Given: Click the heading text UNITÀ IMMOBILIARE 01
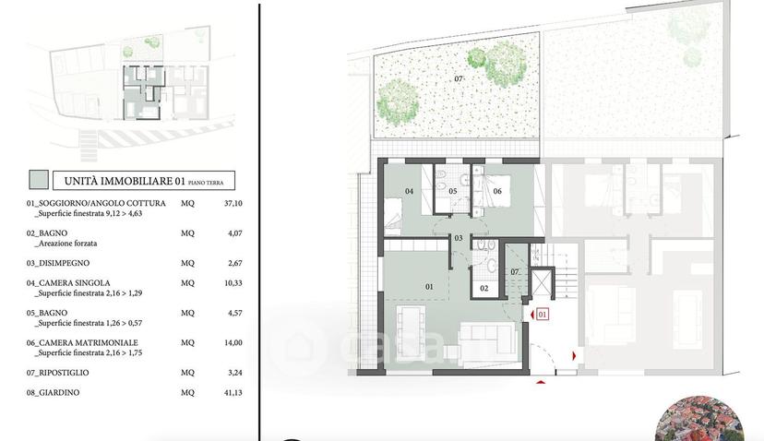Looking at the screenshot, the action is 125,181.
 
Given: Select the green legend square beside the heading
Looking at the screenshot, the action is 39,179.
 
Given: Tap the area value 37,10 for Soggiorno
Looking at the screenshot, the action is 233,203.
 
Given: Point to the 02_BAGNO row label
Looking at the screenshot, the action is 47,232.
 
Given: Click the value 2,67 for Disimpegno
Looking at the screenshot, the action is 235,263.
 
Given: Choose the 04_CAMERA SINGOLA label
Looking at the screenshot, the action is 68,283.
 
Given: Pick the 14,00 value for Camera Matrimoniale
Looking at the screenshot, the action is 233,342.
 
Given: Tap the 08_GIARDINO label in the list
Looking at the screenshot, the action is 53,392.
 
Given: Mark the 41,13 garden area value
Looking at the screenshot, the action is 233,392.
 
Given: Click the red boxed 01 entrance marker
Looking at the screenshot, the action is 543,315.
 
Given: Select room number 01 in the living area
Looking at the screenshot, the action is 429,287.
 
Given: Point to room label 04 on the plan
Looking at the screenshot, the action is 410,191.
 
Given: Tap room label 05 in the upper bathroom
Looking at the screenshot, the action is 453,191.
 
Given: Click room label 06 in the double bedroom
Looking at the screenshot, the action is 497,191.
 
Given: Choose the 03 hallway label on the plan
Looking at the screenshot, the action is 459,238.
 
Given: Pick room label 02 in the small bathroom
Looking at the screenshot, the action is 483,289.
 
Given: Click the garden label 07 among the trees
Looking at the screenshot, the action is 459,79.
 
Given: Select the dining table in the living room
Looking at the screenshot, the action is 411,331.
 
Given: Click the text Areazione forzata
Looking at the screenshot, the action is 66,244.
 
